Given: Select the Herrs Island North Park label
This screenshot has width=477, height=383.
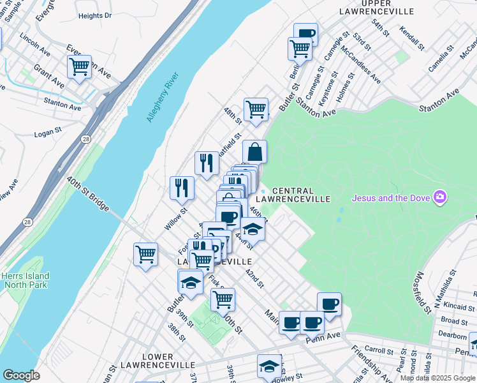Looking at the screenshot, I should pos(26,280).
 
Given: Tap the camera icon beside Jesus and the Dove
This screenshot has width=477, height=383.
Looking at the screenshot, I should pos(439,197).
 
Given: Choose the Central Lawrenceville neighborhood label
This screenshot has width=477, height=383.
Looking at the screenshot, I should pos(302,195).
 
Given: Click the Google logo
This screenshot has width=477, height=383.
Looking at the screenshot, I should pos(21,375).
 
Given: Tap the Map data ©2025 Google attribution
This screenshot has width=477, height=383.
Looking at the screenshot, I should pos(437,378).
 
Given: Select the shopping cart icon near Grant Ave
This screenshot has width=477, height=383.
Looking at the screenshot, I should pos(80,66).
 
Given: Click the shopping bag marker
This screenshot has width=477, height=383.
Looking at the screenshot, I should pos(254,153).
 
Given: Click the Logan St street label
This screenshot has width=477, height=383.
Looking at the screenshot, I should pos(47,135).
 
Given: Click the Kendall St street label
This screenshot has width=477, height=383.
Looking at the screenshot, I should pos(412,38).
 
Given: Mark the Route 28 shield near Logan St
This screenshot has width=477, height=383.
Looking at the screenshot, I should pos(85,139).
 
